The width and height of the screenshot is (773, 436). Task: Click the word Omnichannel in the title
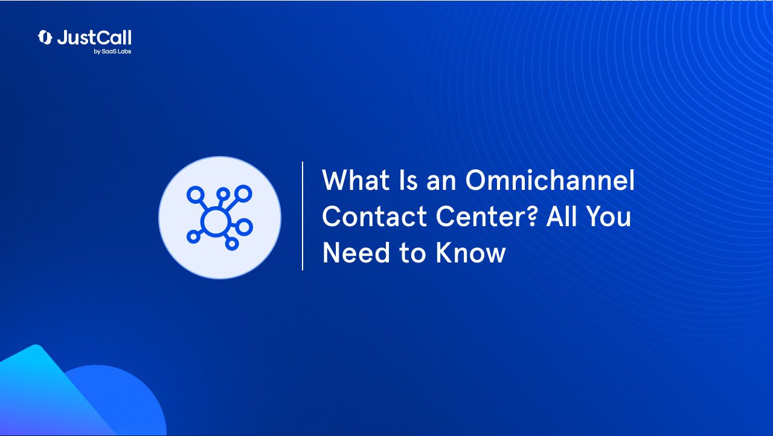[x=550, y=180]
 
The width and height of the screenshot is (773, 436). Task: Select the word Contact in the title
[x=374, y=216]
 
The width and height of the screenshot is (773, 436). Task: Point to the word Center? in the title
[x=487, y=216]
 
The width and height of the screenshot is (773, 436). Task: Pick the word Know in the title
[x=470, y=253]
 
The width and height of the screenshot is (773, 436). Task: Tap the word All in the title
[x=562, y=216]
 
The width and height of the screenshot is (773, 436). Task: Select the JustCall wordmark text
[x=94, y=37]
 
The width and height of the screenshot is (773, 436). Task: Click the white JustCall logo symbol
[x=45, y=37]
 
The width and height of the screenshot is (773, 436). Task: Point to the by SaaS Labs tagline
[x=112, y=51]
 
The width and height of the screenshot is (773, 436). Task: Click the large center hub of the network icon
[x=216, y=222]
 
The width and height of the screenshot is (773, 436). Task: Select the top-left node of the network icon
[x=196, y=195]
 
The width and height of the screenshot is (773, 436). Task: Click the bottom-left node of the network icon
[x=194, y=236]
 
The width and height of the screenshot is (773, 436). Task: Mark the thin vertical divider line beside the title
[x=303, y=216]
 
